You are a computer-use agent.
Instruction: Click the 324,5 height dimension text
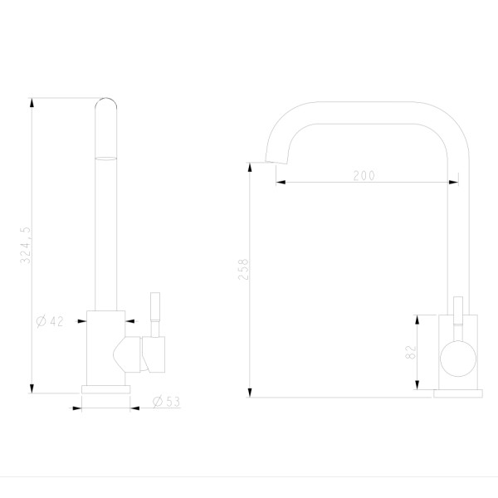(x=25, y=245)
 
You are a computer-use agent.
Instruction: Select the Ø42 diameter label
(x=50, y=321)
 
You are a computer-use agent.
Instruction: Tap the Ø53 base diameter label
(x=167, y=402)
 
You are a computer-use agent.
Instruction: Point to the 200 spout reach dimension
(x=364, y=175)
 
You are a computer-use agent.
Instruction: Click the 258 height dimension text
(x=243, y=269)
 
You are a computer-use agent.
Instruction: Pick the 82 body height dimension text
(x=411, y=352)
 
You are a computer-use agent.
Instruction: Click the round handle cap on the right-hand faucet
(x=458, y=359)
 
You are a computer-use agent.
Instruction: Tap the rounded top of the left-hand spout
(x=105, y=103)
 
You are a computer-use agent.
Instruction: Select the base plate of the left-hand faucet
(x=105, y=389)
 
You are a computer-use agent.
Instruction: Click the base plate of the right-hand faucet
(x=458, y=393)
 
